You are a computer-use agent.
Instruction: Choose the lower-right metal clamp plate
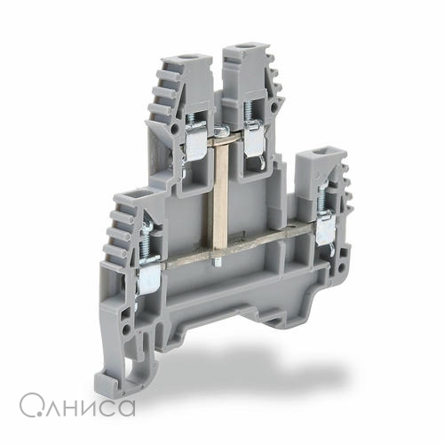point(326,228)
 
